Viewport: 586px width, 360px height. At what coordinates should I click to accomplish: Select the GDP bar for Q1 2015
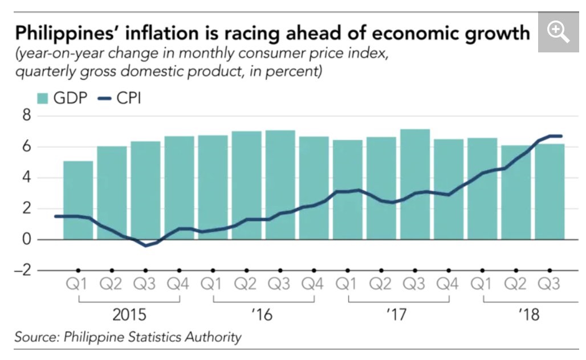[78, 200]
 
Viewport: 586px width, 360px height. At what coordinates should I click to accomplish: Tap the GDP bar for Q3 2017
[415, 184]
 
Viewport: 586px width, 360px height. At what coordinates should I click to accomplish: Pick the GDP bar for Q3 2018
[550, 191]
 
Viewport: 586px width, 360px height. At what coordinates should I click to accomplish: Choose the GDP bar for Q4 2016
[314, 188]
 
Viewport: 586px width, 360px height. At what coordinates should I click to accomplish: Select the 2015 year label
[129, 315]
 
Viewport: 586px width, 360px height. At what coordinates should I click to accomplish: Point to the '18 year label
[530, 315]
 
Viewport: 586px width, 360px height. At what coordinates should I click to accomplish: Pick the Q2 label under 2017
[381, 284]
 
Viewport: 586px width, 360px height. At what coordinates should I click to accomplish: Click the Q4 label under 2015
[180, 284]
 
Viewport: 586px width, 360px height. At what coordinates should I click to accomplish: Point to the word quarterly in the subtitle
[43, 72]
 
